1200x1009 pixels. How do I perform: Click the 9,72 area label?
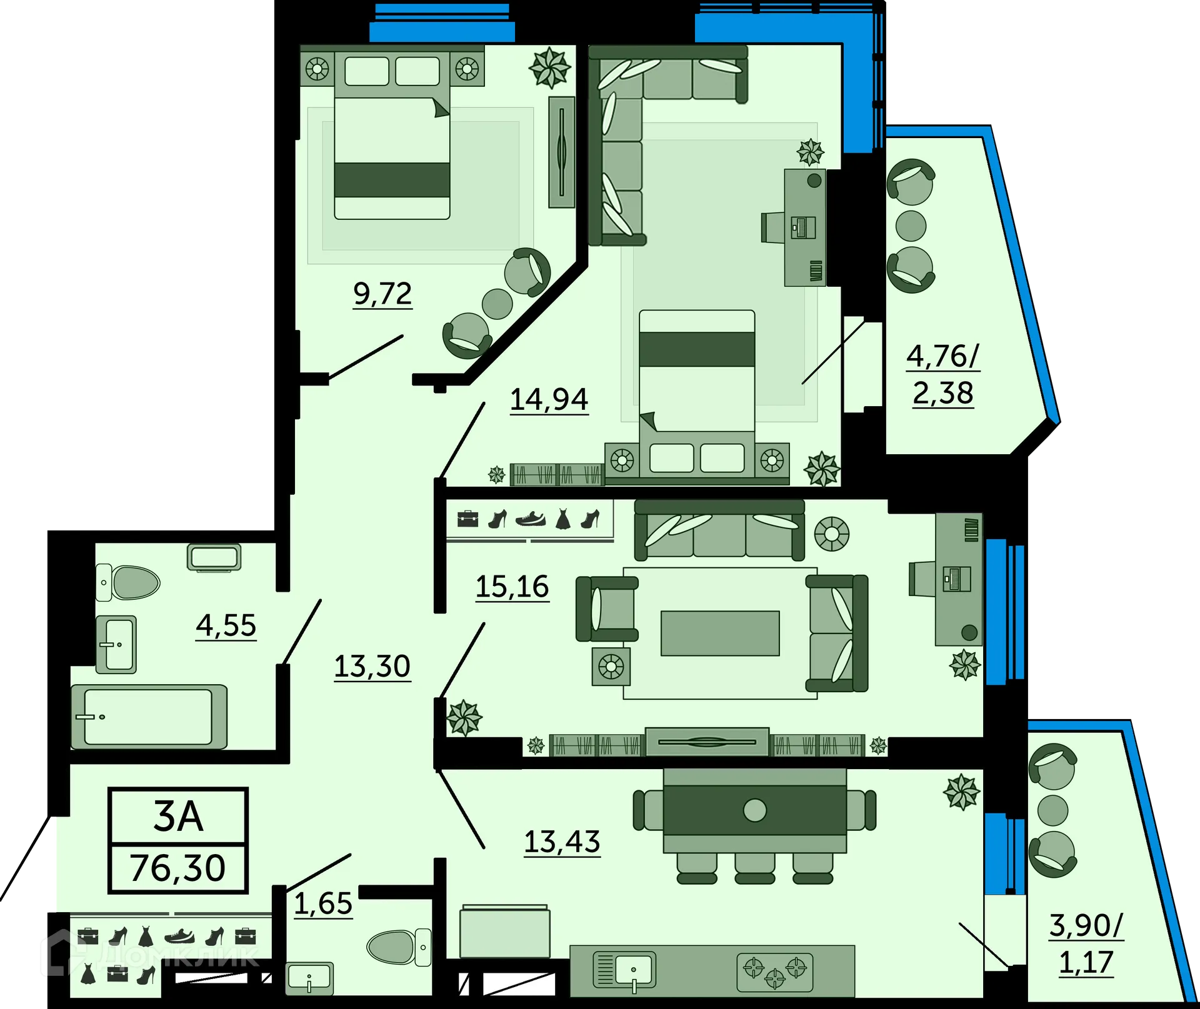click(382, 294)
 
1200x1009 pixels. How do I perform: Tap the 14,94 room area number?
click(549, 400)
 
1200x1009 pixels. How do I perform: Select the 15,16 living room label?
click(512, 587)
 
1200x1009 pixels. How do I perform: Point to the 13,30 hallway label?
click(372, 667)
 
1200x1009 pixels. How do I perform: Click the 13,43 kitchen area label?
click(561, 842)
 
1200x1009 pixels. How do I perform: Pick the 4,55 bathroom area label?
click(226, 625)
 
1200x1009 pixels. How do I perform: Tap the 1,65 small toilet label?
click(322, 904)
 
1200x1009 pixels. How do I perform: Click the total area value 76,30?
click(177, 868)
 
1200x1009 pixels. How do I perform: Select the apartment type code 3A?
click(178, 817)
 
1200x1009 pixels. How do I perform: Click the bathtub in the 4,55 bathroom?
click(149, 717)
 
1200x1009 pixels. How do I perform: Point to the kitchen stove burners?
click(774, 972)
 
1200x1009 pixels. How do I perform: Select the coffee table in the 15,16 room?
click(720, 633)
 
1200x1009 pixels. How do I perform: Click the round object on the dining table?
click(755, 810)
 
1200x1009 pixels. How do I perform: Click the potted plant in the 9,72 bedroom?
click(550, 67)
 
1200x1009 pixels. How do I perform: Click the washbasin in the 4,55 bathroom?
click(116, 644)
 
